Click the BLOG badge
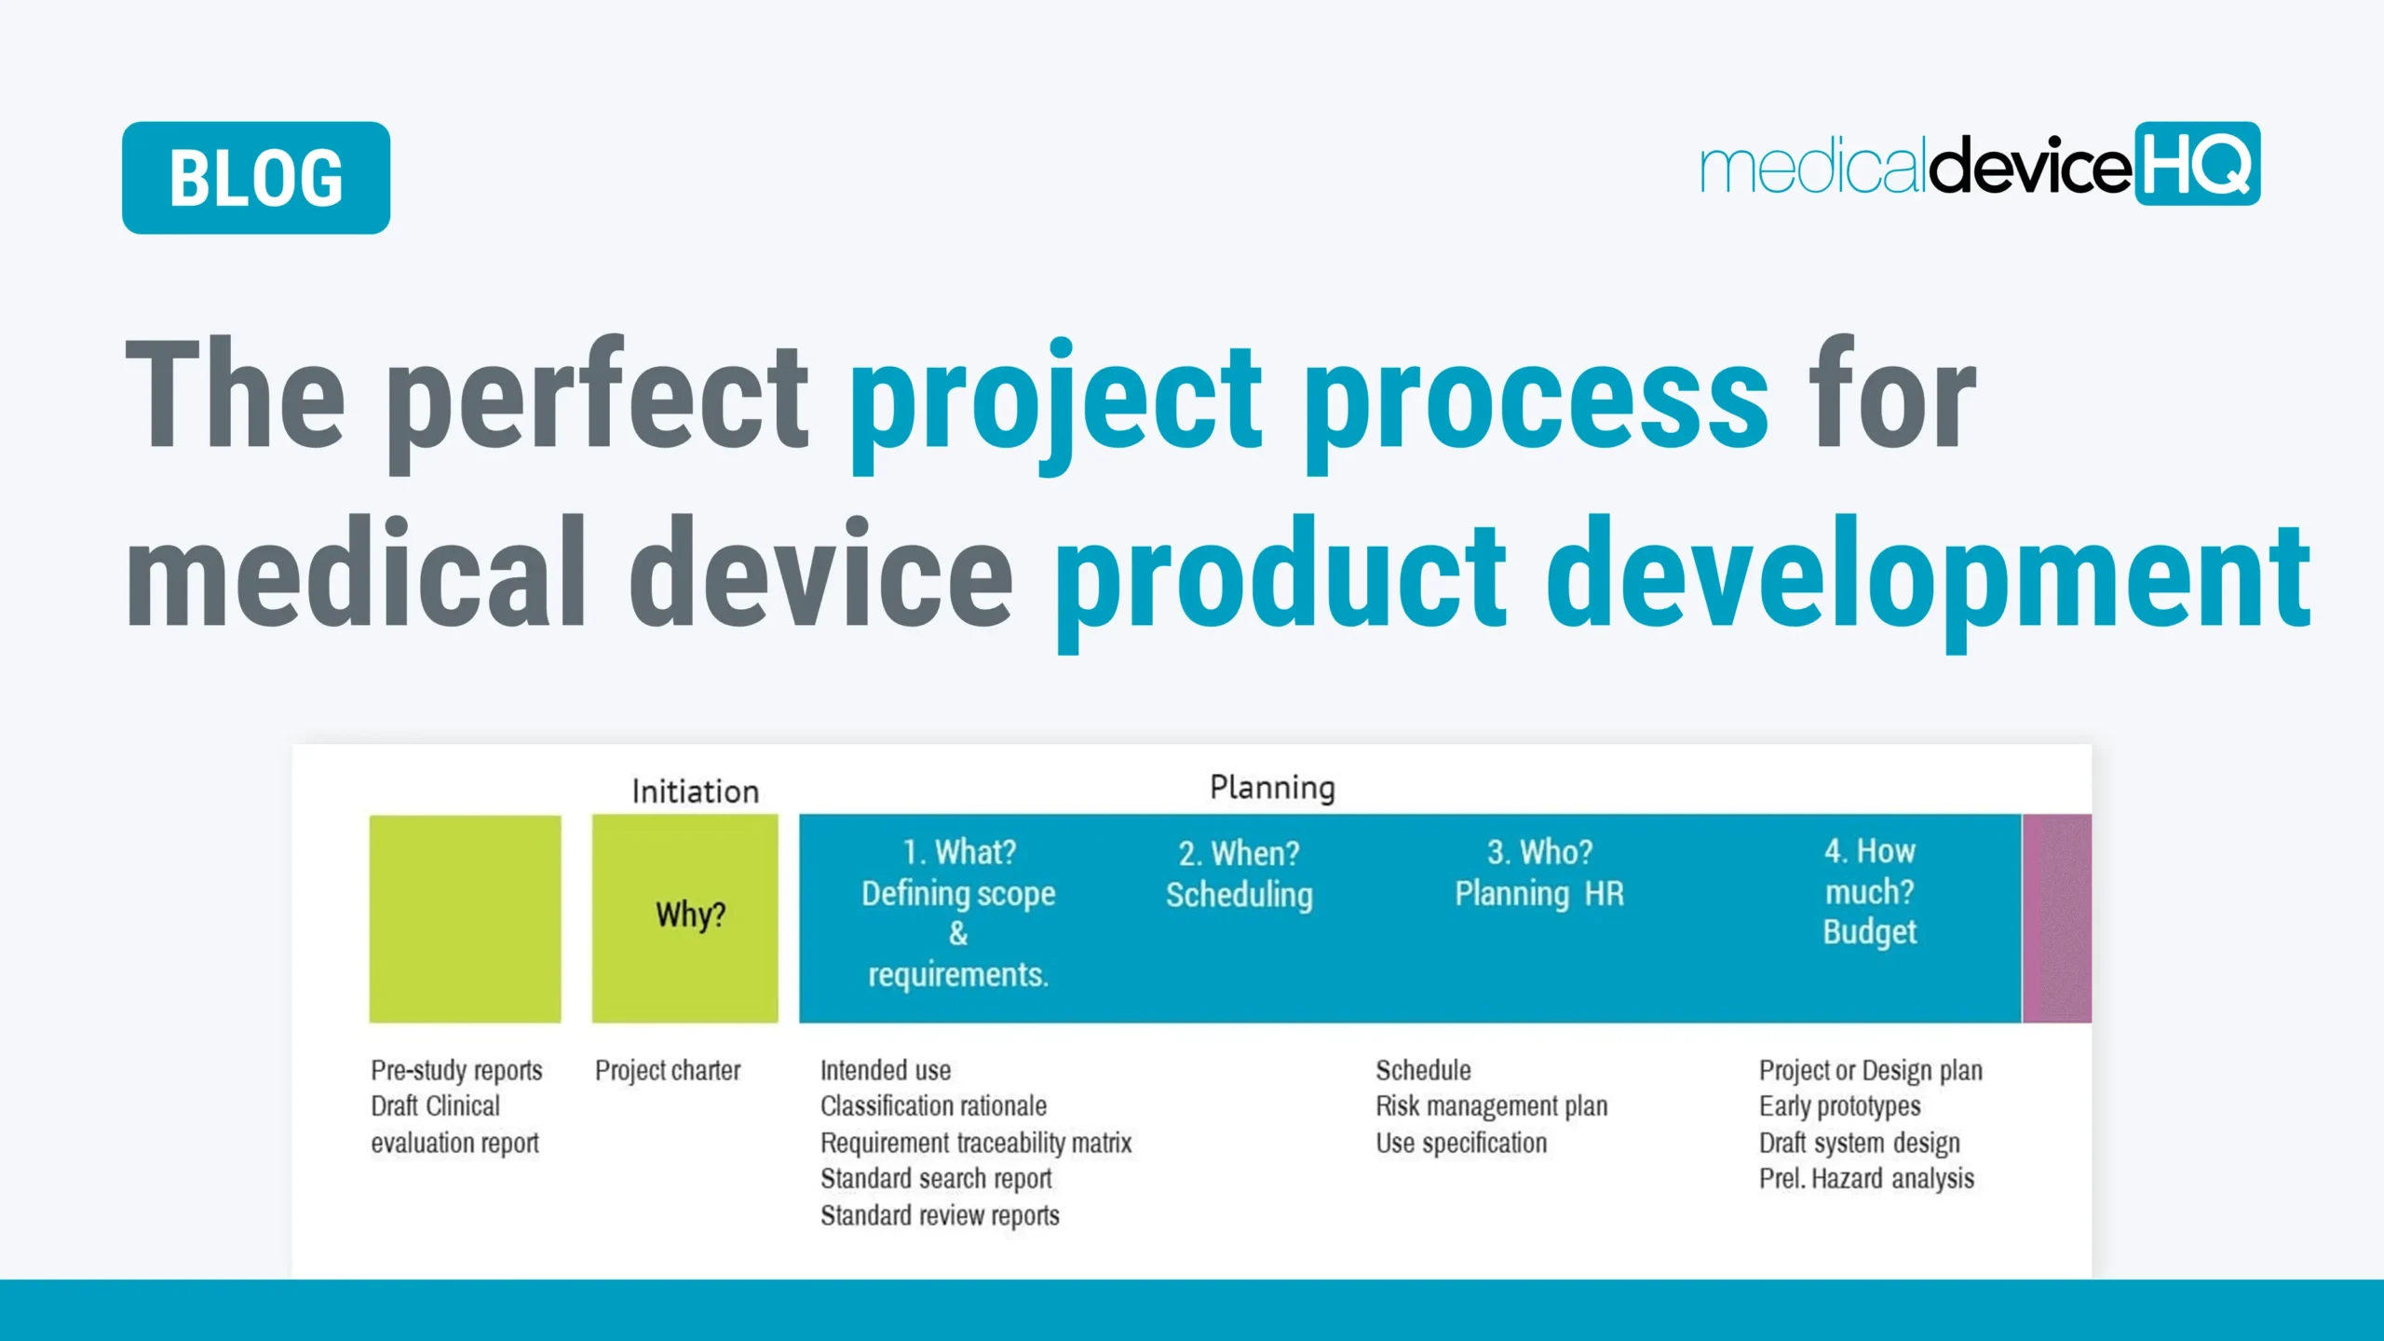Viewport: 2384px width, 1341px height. (x=256, y=177)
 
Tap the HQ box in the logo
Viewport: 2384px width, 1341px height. (x=2196, y=164)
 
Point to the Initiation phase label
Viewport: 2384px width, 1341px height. (x=696, y=792)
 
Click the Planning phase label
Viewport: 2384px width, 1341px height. (x=1272, y=788)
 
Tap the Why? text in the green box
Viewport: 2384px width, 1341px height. (x=690, y=914)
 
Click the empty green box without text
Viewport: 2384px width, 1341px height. (x=466, y=918)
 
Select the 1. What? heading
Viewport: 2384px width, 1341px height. (x=959, y=852)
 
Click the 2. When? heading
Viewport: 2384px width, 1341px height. (x=1239, y=853)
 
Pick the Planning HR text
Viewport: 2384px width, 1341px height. (x=1538, y=894)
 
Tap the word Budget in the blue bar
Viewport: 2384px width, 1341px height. (x=1869, y=932)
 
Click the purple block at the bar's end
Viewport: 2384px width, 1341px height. (x=2057, y=918)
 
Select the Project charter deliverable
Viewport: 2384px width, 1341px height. (x=668, y=1071)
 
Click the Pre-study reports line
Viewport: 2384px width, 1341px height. (x=456, y=1071)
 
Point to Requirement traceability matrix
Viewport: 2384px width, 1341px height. (x=975, y=1143)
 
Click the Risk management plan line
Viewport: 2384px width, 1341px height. (x=1491, y=1106)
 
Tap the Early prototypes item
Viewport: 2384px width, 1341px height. (x=1839, y=1106)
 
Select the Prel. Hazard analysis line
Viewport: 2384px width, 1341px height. (x=1866, y=1179)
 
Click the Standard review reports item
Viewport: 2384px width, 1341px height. (x=940, y=1215)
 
